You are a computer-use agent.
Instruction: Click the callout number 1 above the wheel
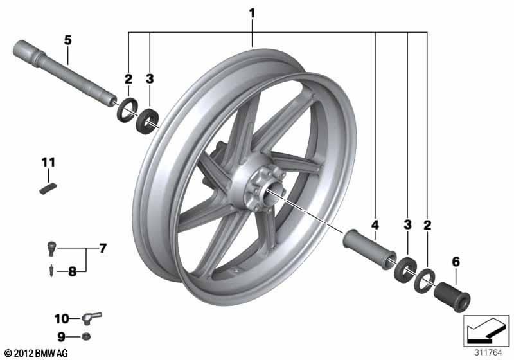tap(252, 13)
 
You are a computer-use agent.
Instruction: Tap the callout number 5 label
tap(67, 40)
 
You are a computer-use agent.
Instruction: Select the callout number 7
tap(102, 248)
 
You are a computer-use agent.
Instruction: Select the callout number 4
tap(375, 225)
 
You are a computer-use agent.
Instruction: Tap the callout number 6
tap(456, 262)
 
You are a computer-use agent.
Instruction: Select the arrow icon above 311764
tap(486, 331)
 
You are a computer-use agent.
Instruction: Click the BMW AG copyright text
tap(35, 353)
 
